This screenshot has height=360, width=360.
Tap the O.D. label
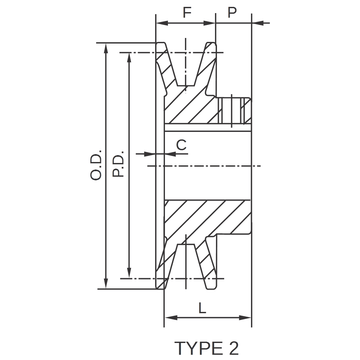(96, 164)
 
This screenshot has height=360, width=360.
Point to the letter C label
(180, 145)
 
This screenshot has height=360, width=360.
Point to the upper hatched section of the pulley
(200, 100)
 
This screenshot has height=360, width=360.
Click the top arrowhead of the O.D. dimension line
(105, 46)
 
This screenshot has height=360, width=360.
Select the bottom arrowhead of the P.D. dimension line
(129, 271)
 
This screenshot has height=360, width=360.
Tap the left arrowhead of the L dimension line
(167, 317)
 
